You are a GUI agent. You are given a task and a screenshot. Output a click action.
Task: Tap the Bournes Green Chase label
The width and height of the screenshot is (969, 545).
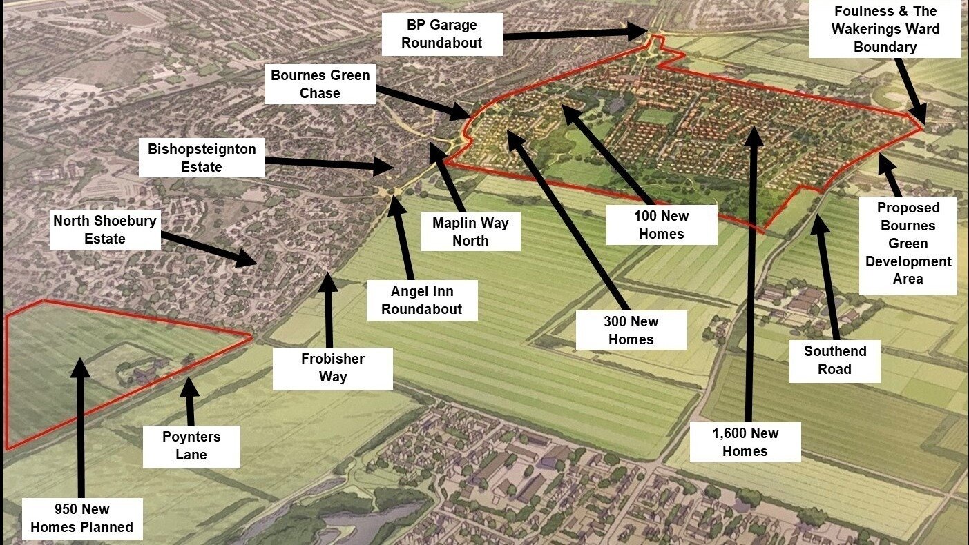[x=320, y=84]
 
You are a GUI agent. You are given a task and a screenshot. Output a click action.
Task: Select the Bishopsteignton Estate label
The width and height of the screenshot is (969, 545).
[x=201, y=158]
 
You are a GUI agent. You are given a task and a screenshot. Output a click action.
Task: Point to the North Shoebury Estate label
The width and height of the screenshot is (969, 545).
[x=105, y=230]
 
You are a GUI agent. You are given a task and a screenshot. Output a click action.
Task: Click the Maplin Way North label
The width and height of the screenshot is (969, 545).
[x=470, y=232]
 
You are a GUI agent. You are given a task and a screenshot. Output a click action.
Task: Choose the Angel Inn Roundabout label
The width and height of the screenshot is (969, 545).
[x=422, y=299]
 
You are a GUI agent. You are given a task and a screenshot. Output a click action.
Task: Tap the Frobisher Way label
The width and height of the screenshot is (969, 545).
[x=333, y=368]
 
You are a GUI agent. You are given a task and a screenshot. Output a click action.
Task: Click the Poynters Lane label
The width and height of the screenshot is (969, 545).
[x=191, y=446]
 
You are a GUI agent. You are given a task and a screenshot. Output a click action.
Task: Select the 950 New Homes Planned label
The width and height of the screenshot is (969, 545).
[x=81, y=518]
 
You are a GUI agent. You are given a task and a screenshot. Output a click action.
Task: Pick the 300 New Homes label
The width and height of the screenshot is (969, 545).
[x=631, y=330]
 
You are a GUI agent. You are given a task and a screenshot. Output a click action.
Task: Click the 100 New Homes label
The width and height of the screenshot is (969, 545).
[x=661, y=225]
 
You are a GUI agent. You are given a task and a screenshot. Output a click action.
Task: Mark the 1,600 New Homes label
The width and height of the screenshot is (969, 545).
[x=745, y=442]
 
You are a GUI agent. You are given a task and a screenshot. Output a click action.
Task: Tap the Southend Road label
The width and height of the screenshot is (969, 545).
[x=834, y=360]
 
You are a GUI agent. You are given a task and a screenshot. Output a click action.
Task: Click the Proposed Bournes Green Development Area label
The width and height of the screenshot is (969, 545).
[x=908, y=244]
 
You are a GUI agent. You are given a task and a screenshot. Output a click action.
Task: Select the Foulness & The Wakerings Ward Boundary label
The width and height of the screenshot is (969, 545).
[x=885, y=29]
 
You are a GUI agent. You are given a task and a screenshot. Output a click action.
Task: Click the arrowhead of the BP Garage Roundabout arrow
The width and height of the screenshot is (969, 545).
[x=642, y=31]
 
